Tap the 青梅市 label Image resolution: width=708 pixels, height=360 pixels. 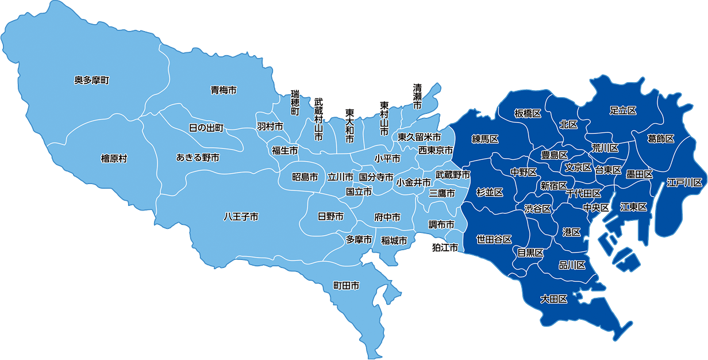(224, 90)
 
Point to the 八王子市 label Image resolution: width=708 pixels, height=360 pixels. (241, 217)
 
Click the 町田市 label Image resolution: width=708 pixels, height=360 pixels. (347, 285)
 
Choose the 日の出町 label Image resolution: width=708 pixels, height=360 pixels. (206, 128)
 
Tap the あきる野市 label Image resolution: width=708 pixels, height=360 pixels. (198, 157)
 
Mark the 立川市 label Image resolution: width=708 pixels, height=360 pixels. (340, 177)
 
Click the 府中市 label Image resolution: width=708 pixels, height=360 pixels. (387, 217)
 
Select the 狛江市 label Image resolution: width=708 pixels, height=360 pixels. (445, 248)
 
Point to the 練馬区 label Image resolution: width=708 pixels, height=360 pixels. (485, 139)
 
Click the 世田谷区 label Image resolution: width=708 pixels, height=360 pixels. (494, 239)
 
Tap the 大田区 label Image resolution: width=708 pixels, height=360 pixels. (554, 299)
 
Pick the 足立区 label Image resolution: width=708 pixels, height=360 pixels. (623, 110)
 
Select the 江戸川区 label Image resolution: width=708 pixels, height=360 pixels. (685, 183)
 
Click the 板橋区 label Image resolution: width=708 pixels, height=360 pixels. (528, 114)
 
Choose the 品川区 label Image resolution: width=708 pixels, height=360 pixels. (572, 265)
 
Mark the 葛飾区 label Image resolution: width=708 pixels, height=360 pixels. (660, 139)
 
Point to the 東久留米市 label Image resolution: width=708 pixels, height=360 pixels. (420, 137)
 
